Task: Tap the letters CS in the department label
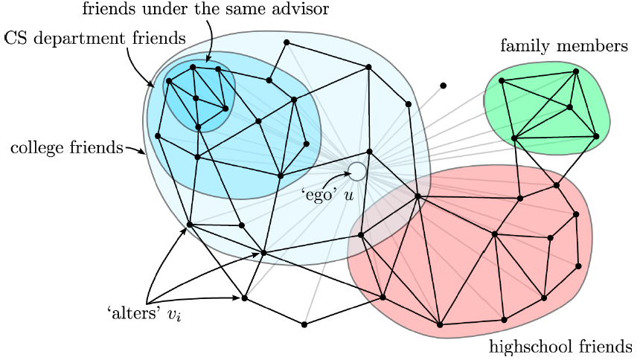(16, 36)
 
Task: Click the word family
(522, 47)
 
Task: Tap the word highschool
(525, 346)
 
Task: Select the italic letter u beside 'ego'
(348, 195)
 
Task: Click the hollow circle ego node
(357, 172)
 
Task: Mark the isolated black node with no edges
(443, 86)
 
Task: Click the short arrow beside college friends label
(134, 150)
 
